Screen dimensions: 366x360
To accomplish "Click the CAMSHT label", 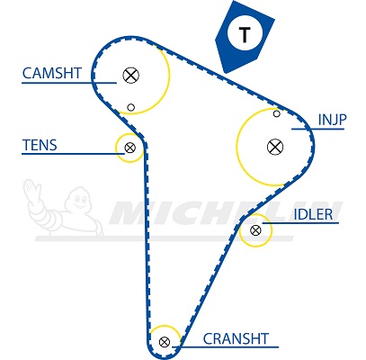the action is tap(52, 73).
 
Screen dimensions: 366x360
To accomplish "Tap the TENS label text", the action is tap(40, 145).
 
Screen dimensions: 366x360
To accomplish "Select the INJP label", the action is tap(332, 120).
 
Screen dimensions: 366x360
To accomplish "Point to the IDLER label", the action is tap(313, 214).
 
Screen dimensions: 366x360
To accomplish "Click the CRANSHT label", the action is tap(236, 338).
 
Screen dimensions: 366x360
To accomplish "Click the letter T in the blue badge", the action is tap(245, 34).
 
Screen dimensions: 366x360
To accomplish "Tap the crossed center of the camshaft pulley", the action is tap(131, 75).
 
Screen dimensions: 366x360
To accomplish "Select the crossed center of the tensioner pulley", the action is tap(130, 148).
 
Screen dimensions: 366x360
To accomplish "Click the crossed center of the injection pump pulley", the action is tap(275, 147).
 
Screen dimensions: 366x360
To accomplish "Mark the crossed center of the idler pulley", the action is tap(255, 230).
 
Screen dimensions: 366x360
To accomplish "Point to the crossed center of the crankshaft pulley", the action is tap(165, 342).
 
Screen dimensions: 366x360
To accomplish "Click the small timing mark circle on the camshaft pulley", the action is tap(130, 107).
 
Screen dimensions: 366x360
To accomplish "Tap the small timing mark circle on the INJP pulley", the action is tap(277, 113).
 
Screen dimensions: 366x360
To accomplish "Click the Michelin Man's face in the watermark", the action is tap(80, 199).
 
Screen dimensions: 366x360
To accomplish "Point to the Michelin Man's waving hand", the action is tap(31, 188).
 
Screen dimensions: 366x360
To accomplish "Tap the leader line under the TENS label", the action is tap(73, 154).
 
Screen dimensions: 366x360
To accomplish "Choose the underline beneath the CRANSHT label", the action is tap(229, 347).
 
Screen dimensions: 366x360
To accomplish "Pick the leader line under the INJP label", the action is tap(317, 129).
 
